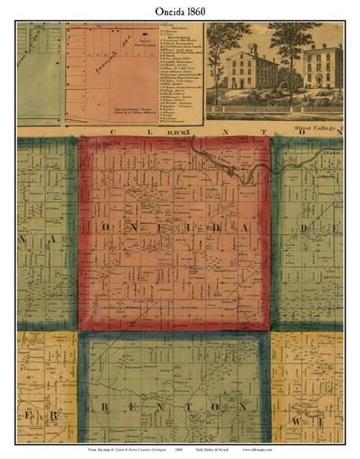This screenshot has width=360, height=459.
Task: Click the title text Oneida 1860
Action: [x=180, y=10]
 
